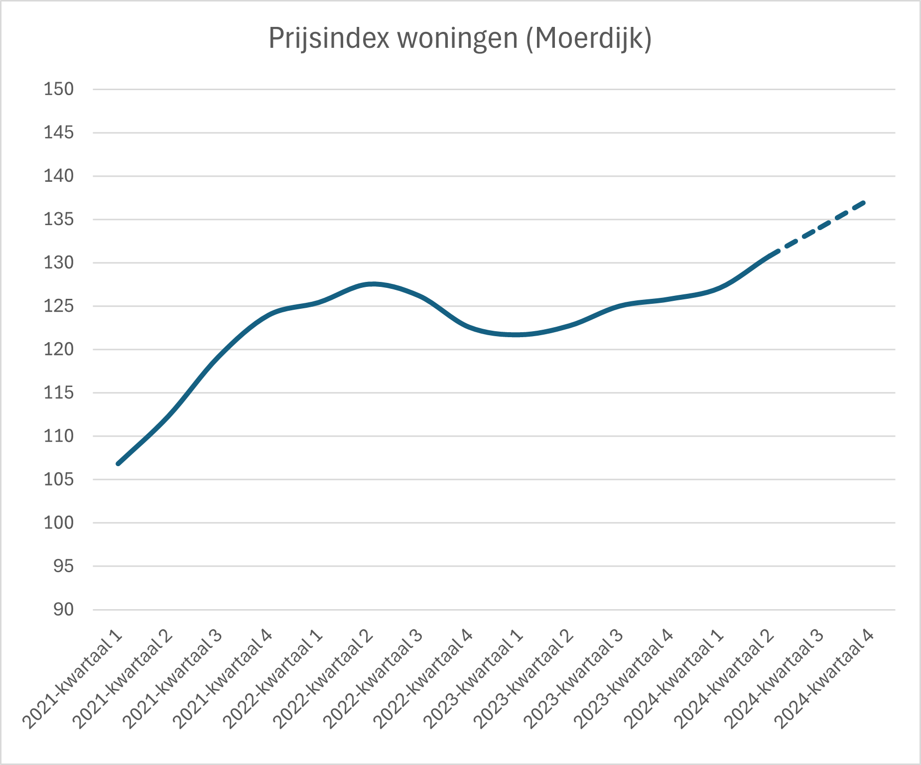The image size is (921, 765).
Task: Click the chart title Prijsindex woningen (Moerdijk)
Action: pyautogui.click(x=460, y=38)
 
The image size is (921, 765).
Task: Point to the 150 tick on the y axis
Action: pyautogui.click(x=59, y=89)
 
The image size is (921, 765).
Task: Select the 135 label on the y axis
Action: pyautogui.click(x=59, y=219)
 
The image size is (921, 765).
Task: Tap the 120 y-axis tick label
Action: pyautogui.click(x=59, y=349)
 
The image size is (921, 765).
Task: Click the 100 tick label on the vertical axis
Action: pyautogui.click(x=59, y=522)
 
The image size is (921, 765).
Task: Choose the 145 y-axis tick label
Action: pyautogui.click(x=59, y=132)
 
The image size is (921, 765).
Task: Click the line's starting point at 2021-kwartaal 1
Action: pyautogui.click(x=119, y=463)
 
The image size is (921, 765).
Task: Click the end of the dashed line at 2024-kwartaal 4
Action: pyautogui.click(x=865, y=202)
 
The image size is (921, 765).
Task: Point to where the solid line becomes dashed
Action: pyautogui.click(x=775, y=252)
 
